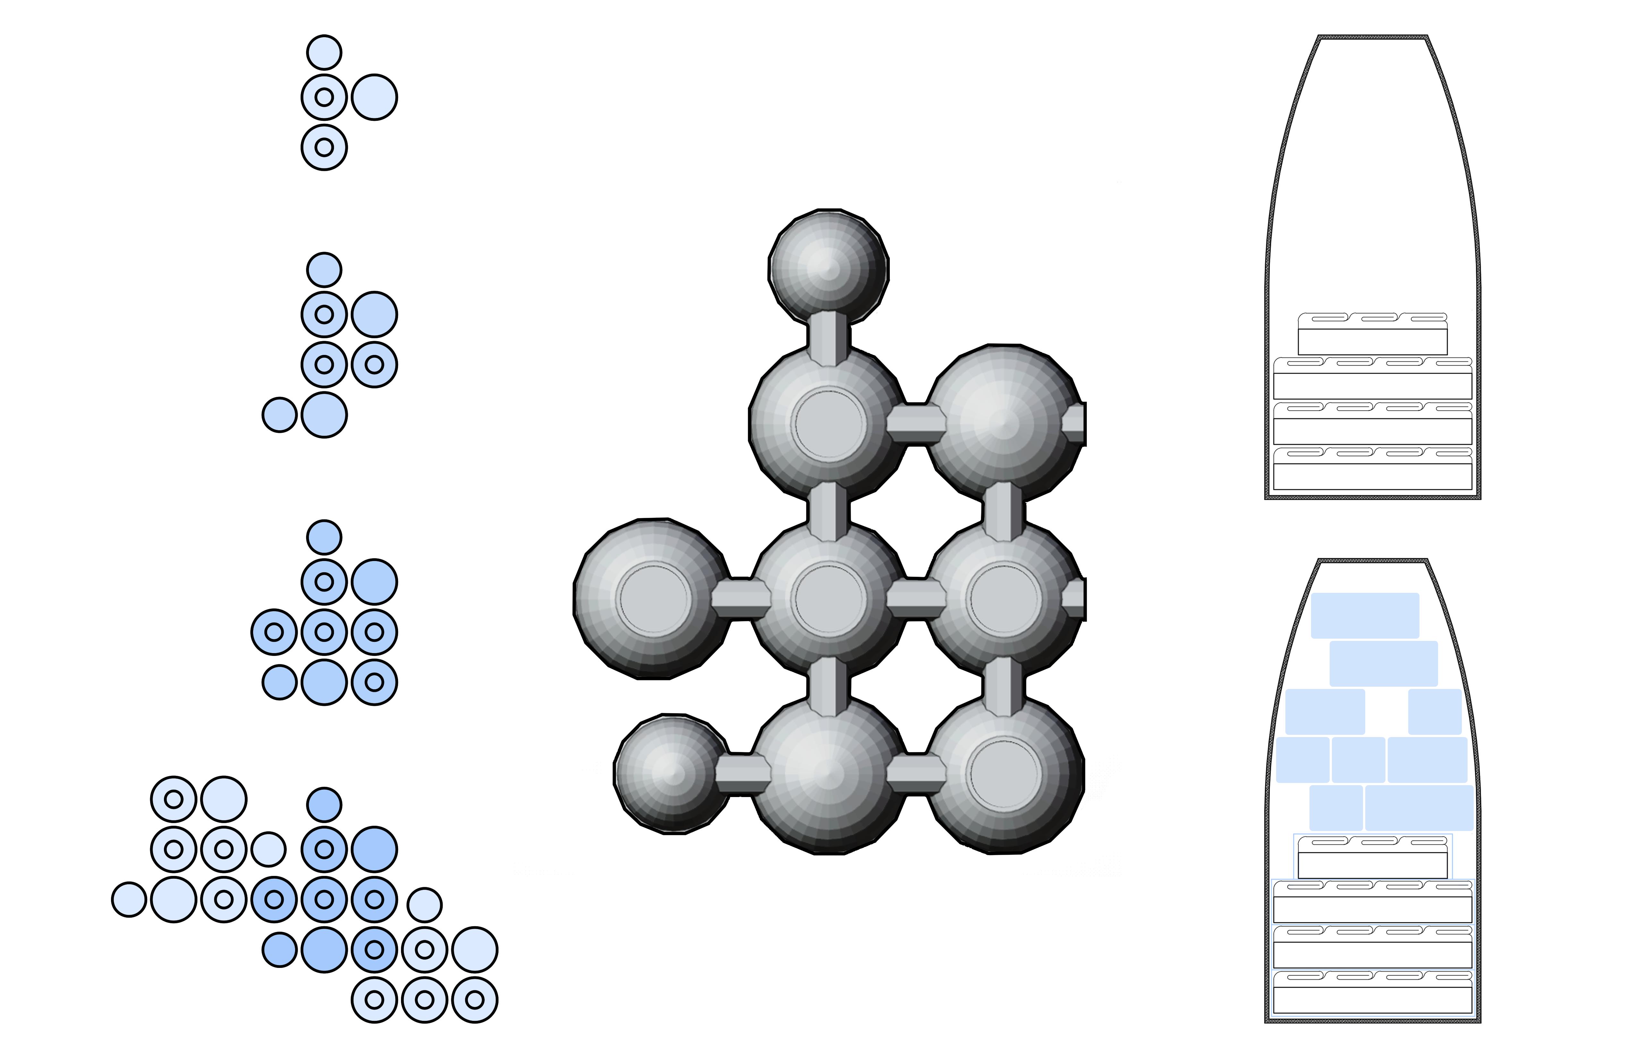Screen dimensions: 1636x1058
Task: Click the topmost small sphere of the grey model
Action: (x=828, y=266)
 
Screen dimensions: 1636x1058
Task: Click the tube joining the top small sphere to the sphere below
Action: (x=828, y=337)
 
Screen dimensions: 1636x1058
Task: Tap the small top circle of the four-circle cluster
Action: (x=324, y=52)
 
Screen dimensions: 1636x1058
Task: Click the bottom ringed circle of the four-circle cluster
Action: (x=324, y=147)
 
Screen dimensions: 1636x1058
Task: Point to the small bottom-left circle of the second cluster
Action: (x=279, y=415)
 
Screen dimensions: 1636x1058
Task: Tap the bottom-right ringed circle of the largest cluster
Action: (x=475, y=1000)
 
